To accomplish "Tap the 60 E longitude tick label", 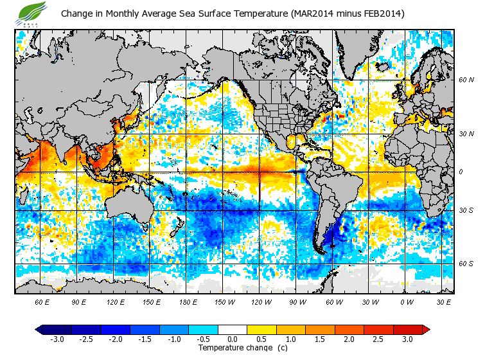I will (42, 301).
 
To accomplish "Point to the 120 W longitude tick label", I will (260, 301).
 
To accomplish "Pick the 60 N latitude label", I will (467, 80).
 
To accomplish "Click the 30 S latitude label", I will (467, 210).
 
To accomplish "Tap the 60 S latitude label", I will (467, 264).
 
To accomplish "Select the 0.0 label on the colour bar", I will (233, 339).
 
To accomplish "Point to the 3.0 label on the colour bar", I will (407, 339).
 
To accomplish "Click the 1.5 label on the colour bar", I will (320, 339).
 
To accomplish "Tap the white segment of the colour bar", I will (233, 329).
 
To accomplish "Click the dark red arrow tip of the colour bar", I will (426, 329).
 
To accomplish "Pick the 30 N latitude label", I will (467, 133).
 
